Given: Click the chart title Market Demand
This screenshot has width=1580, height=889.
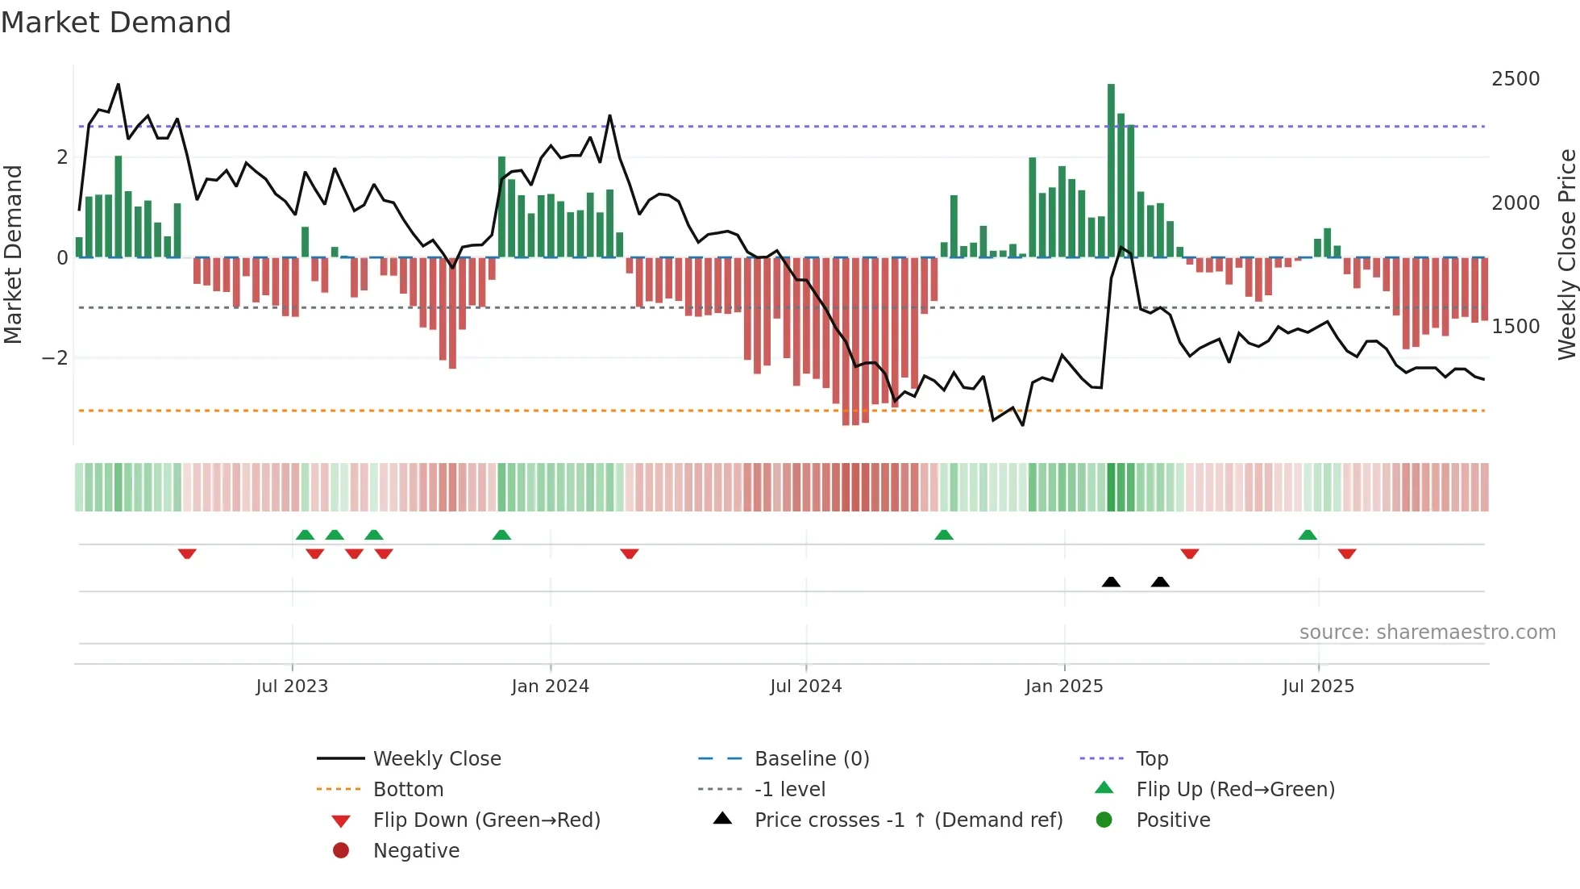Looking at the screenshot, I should click(116, 23).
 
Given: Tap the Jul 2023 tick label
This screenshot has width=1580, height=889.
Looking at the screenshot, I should click(292, 687).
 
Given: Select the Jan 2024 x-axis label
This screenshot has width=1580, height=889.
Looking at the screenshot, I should click(550, 687).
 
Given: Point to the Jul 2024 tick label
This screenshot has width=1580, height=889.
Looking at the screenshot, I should click(805, 687).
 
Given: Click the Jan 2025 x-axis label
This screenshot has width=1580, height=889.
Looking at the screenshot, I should click(1064, 687).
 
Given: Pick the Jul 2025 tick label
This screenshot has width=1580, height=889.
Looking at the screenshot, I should click(1318, 687).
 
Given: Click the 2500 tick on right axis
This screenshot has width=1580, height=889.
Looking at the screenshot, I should click(1516, 79).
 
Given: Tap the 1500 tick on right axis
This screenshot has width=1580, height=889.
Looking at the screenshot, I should click(1516, 327).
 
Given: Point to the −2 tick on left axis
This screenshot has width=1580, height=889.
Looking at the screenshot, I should click(55, 358).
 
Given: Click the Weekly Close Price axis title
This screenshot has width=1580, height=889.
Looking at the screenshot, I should click(1566, 254).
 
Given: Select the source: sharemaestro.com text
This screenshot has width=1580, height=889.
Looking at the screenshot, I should click(1427, 632).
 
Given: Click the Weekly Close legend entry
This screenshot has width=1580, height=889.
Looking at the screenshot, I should click(437, 759).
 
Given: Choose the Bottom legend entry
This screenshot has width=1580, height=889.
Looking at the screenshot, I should click(408, 790).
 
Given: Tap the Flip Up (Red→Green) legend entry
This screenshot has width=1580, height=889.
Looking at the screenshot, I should click(1235, 790).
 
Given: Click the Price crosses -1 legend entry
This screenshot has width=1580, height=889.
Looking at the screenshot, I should click(908, 820).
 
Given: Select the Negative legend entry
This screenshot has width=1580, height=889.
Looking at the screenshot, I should click(416, 851).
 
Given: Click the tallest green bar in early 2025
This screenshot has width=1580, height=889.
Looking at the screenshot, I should click(1111, 169).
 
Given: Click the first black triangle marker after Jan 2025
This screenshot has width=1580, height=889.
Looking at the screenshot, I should click(1111, 582).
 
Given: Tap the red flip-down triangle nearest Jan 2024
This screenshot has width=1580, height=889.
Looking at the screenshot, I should click(630, 553).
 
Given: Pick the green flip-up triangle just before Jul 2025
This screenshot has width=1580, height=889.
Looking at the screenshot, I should click(1308, 535).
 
